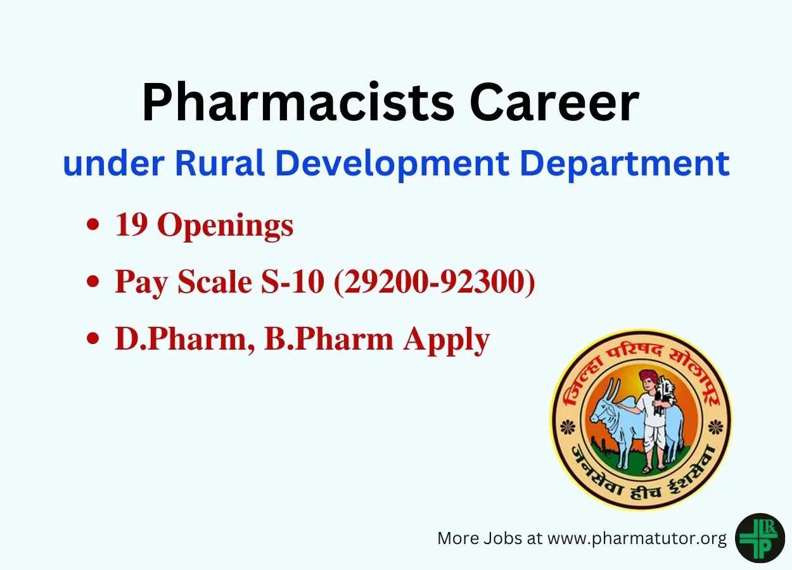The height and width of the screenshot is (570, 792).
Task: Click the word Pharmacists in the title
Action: pyautogui.click(x=298, y=102)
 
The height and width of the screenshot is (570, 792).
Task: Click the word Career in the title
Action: pyautogui.click(x=554, y=103)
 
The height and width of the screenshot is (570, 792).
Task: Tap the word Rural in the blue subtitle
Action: pyautogui.click(x=220, y=163)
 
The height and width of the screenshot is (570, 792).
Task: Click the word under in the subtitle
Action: pyautogui.click(x=113, y=163)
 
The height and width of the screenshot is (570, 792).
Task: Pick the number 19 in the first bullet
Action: pyautogui.click(x=131, y=225)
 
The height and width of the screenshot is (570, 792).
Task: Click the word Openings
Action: pyautogui.click(x=226, y=227)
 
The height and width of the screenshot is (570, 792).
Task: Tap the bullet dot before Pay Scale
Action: pyautogui.click(x=93, y=282)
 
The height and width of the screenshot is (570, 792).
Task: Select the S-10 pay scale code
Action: pyautogui.click(x=292, y=282)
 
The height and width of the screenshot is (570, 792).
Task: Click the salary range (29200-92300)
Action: pyautogui.click(x=435, y=282)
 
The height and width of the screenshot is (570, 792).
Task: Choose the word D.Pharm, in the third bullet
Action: pyautogui.click(x=185, y=339)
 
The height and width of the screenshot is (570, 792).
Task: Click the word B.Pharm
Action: pyautogui.click(x=329, y=339)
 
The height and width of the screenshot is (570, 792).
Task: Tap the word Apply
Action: pyautogui.click(x=447, y=341)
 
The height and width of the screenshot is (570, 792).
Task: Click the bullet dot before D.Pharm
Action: pyautogui.click(x=93, y=338)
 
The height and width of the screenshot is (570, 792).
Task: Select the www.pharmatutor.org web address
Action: pyautogui.click(x=637, y=539)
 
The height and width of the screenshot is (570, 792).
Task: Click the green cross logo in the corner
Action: pyautogui.click(x=760, y=538)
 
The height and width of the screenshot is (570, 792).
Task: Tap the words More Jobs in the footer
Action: pyautogui.click(x=480, y=538)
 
